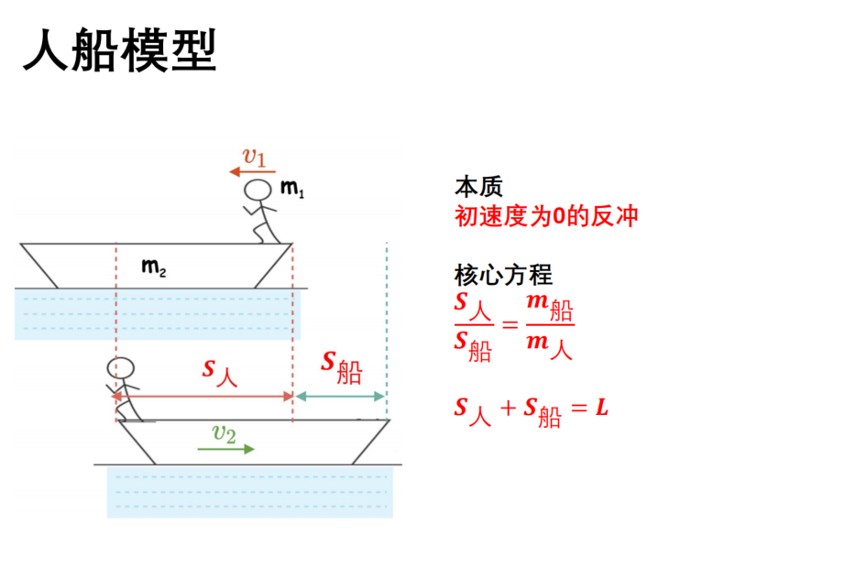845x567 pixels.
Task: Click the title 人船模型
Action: [120, 50]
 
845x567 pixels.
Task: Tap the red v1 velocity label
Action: [255, 157]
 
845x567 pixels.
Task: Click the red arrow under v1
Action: [252, 172]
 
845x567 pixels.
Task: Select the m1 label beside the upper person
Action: [292, 188]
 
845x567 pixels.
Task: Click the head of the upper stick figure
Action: [258, 191]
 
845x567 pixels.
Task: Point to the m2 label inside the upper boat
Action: [154, 267]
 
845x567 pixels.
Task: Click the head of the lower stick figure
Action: [120, 368]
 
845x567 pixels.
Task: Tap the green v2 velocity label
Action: [225, 433]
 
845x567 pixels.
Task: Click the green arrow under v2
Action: [225, 449]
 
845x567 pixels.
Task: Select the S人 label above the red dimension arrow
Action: [220, 373]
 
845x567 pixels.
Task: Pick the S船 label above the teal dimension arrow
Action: [341, 366]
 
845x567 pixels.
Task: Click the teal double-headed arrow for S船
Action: [340, 397]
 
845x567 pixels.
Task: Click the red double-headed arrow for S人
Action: [203, 397]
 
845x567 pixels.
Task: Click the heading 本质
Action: [478, 187]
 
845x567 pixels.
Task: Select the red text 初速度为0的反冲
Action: [546, 216]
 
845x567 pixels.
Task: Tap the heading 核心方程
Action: [503, 275]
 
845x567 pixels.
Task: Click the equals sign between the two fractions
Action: [510, 324]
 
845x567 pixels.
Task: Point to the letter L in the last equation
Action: [602, 408]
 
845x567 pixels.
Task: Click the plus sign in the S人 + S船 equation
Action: [508, 409]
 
